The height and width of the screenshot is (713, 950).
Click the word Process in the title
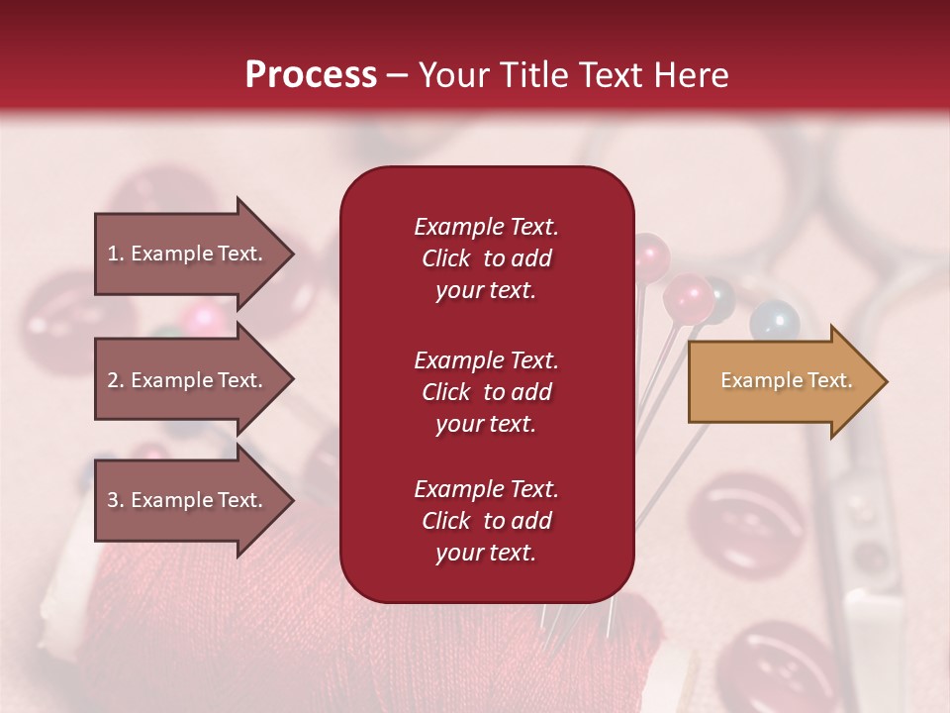pos(311,74)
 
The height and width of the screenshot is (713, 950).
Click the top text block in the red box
pos(486,258)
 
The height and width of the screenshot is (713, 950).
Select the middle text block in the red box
pos(486,392)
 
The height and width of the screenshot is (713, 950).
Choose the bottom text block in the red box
pos(486,521)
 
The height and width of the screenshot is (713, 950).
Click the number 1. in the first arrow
pos(116,254)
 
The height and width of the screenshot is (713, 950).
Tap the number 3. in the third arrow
pos(116,500)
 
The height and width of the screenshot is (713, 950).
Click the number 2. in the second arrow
pos(116,380)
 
